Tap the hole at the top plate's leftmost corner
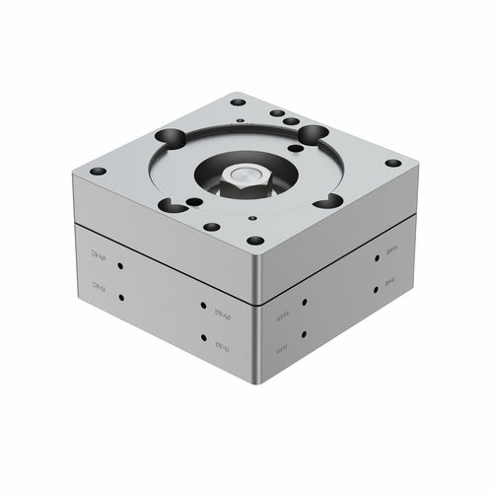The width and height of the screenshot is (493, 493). [97, 171]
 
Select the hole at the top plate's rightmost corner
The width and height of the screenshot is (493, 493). [392, 163]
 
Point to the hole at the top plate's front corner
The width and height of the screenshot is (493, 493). [255, 240]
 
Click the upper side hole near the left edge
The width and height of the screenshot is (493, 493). [119, 265]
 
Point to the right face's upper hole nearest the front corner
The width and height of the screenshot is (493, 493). [305, 302]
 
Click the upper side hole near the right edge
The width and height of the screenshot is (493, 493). [376, 260]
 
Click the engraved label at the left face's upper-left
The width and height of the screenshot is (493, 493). [98, 255]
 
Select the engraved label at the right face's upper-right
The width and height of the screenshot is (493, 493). [390, 251]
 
